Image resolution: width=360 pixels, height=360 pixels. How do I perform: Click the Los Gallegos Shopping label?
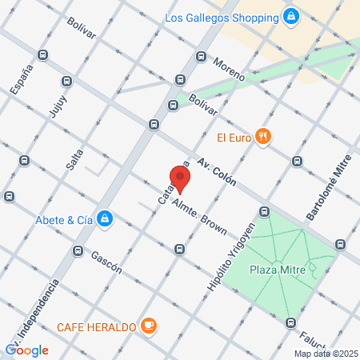click(222, 17)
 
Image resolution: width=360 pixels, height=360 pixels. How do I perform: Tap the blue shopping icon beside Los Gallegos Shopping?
click(290, 16)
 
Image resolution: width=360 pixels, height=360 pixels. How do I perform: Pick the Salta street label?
click(75, 157)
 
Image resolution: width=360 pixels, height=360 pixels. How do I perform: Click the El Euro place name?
click(234, 137)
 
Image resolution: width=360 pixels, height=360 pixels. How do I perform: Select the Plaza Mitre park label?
click(274, 270)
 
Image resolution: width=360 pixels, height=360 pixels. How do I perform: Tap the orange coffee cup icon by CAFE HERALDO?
click(148, 326)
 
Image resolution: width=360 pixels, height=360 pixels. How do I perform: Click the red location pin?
click(180, 178)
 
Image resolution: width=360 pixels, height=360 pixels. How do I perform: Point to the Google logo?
click(27, 350)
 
